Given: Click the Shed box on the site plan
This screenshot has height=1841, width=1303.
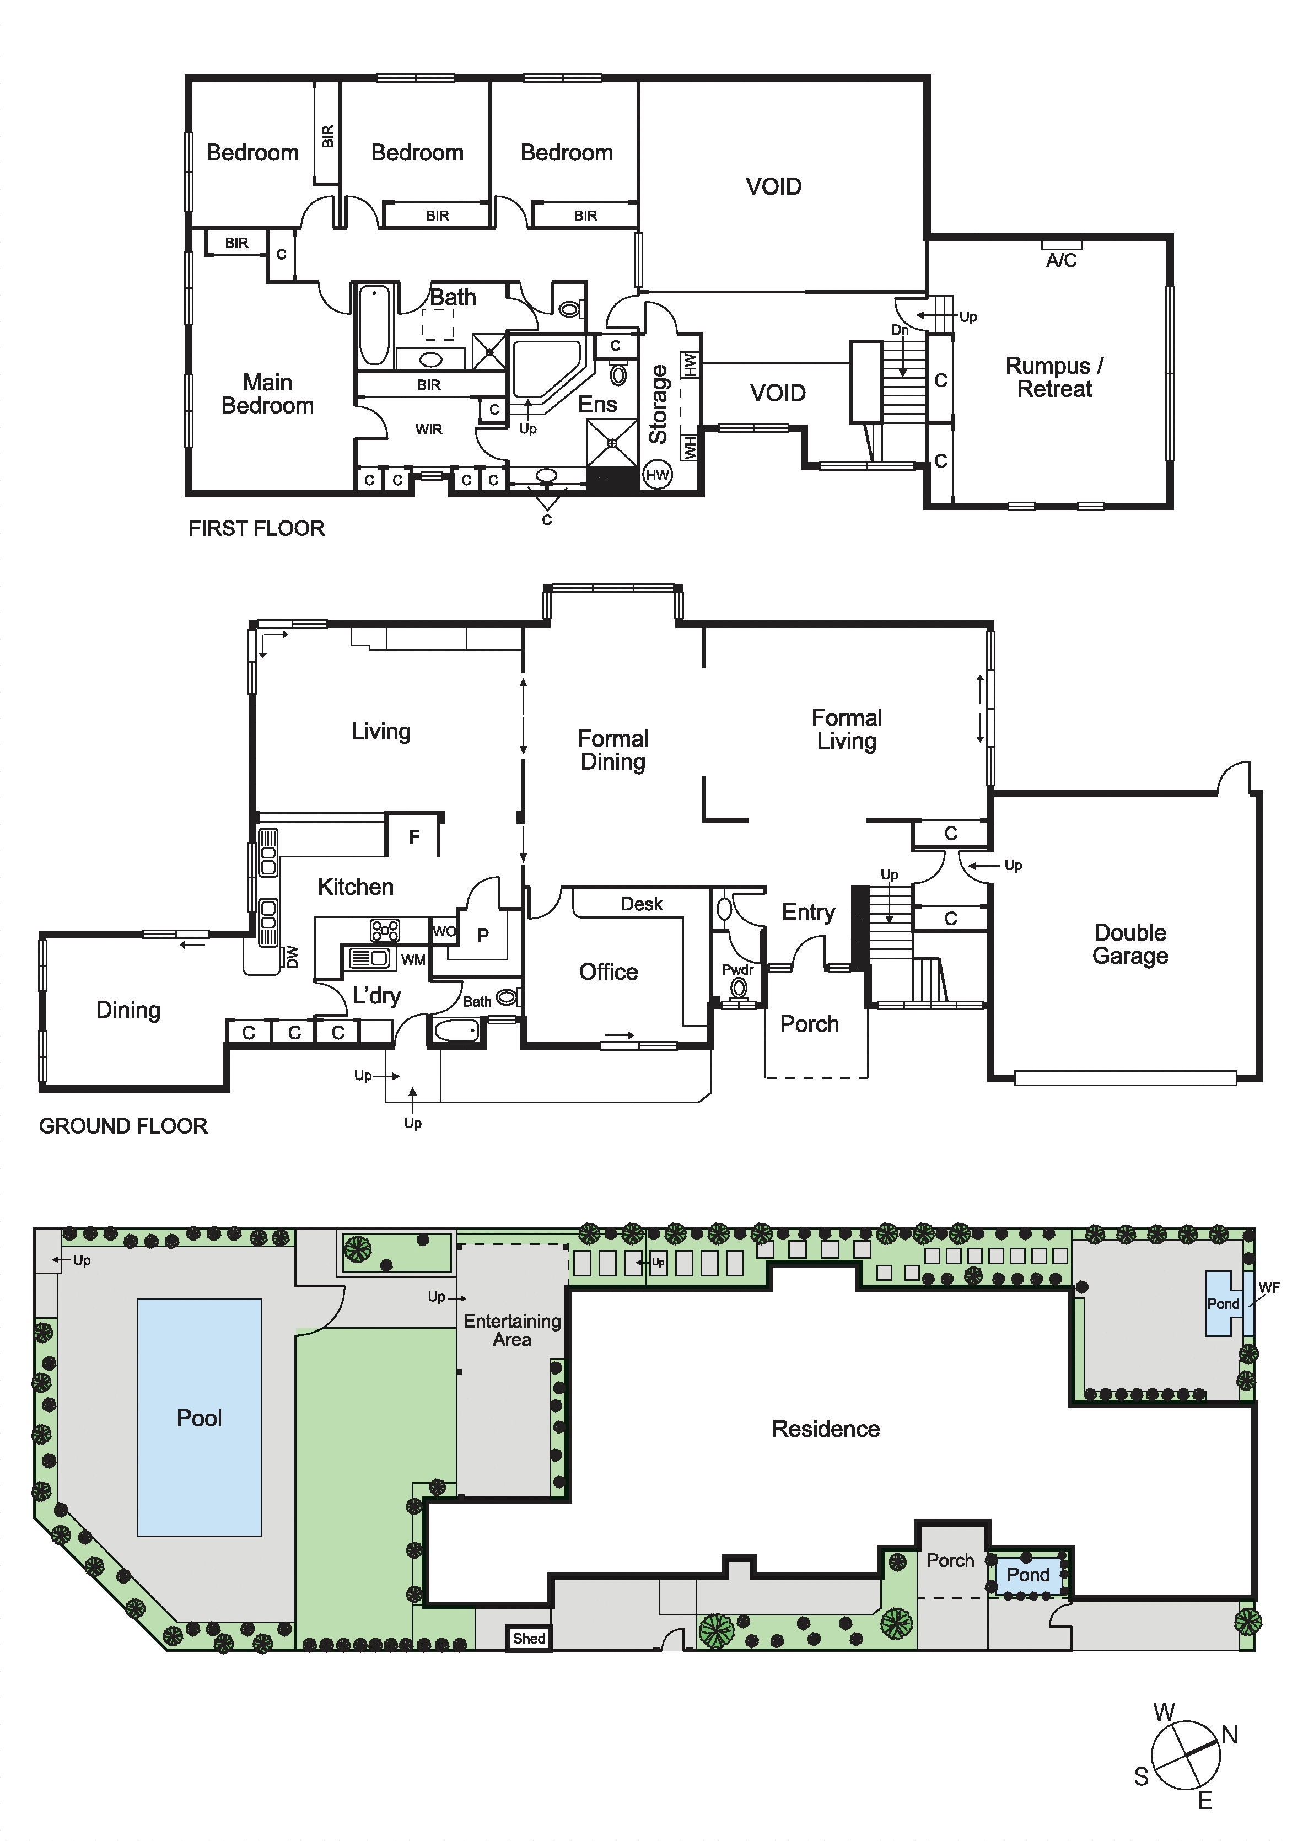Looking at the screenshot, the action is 529,1638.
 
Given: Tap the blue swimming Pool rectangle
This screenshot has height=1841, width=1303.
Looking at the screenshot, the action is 200,1417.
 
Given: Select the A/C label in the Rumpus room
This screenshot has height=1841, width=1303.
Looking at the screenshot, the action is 1062,260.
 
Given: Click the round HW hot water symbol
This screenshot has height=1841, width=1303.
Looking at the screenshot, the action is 657,474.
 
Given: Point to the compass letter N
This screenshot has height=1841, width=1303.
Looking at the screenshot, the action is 1229,1735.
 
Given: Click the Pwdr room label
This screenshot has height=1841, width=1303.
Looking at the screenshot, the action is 737,969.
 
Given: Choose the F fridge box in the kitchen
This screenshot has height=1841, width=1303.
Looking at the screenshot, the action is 414,837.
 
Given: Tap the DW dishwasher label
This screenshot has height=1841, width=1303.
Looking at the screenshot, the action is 292,957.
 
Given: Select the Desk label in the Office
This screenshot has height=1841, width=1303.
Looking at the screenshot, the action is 642,904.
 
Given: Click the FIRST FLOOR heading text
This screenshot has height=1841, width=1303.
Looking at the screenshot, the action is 257,528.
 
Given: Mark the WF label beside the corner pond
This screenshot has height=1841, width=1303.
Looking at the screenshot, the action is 1268,1288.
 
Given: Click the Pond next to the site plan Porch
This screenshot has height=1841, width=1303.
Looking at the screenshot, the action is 1028,1575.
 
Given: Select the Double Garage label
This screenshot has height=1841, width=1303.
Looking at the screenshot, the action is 1130,944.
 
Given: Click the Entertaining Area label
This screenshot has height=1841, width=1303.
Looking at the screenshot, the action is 512,1330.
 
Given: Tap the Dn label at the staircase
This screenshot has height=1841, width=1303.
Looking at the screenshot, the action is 900,330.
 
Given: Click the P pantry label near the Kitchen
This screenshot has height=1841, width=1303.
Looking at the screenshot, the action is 483,935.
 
